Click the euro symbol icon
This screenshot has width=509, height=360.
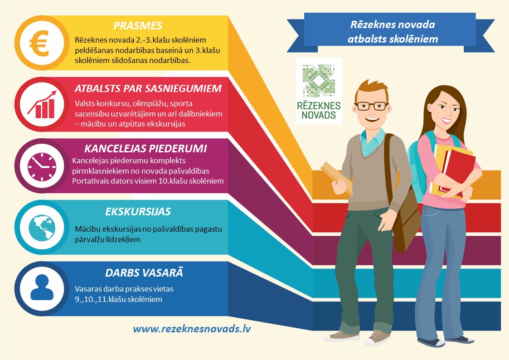point(39,43)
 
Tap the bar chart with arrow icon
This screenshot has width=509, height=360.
point(42,105)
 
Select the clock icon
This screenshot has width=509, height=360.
point(42,166)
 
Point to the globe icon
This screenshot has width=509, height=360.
point(42,227)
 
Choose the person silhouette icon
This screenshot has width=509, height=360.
point(42,287)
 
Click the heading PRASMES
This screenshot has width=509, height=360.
point(138,26)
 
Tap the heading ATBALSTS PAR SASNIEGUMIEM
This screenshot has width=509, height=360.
point(148,88)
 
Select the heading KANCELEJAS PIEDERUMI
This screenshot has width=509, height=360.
point(145,148)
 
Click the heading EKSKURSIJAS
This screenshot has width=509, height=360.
point(138,212)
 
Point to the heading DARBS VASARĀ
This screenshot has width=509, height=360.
point(144,272)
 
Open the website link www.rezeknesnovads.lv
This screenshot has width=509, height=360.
point(192,329)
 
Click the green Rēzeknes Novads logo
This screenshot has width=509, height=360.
point(319,91)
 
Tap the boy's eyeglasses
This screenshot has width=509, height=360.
point(372,106)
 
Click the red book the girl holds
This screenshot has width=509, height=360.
point(456,170)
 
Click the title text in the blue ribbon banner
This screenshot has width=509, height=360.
point(393,32)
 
